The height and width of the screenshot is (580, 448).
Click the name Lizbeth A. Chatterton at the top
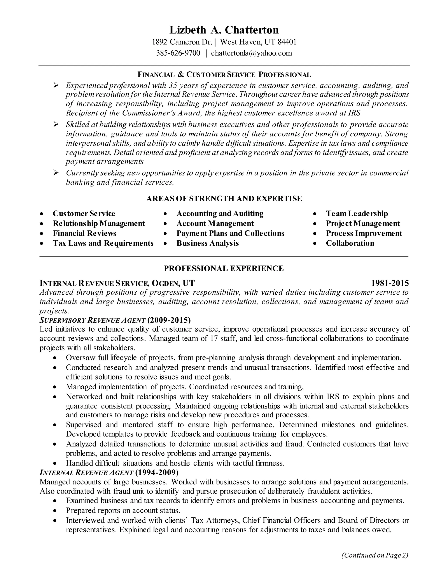(x=224, y=30)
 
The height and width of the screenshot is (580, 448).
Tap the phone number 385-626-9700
(x=178, y=53)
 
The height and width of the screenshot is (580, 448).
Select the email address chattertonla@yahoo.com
(x=251, y=53)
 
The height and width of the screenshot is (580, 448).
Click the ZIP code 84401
(x=287, y=42)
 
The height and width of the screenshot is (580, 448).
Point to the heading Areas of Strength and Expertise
(x=224, y=199)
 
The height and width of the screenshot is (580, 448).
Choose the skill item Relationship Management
(x=99, y=223)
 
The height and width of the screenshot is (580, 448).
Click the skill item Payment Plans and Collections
(x=230, y=233)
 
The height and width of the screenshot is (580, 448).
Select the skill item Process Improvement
(x=364, y=233)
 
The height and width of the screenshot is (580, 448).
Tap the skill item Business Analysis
(x=208, y=243)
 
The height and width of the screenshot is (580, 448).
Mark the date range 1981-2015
(x=390, y=283)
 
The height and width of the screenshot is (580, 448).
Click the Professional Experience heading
(x=224, y=268)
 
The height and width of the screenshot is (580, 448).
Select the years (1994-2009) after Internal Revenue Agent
(x=157, y=473)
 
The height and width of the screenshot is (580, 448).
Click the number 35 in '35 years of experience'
(x=173, y=86)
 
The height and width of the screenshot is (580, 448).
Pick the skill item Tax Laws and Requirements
(x=103, y=243)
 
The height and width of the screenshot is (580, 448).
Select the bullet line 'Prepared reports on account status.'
(x=123, y=510)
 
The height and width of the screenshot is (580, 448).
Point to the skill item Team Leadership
(x=357, y=214)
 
